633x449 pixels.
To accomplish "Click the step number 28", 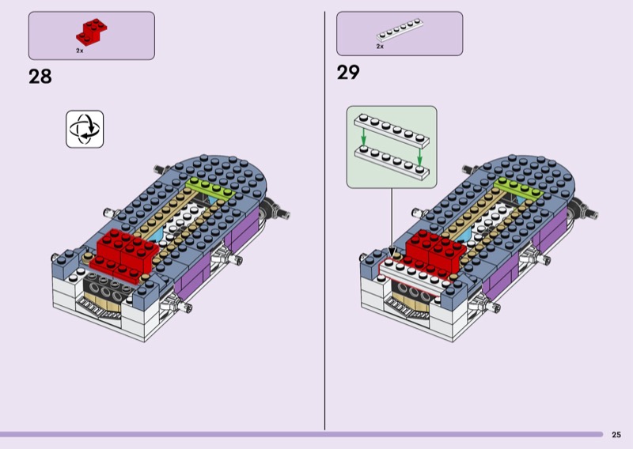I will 40,77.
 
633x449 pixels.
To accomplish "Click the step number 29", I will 348,73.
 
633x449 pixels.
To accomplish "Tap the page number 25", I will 616,434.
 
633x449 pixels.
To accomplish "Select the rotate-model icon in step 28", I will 85,129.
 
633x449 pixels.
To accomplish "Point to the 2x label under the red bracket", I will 80,51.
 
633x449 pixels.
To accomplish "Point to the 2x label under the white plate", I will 380,47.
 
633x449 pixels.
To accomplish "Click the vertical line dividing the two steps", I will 325,221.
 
